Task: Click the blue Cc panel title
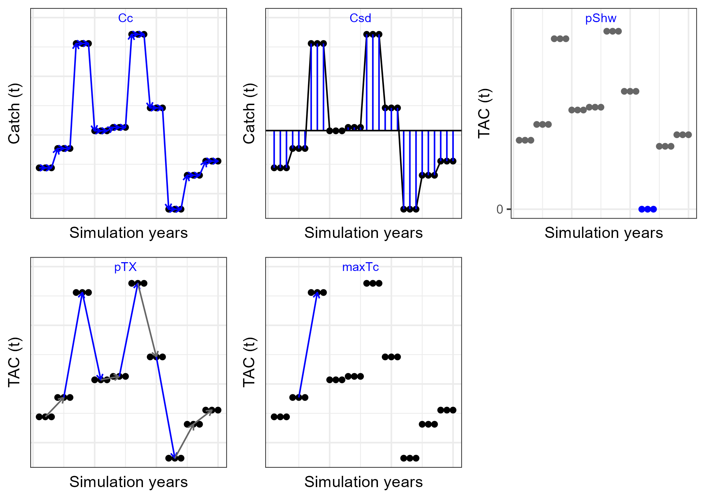[125, 18]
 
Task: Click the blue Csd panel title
[360, 18]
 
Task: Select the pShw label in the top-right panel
[600, 18]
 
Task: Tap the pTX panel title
[125, 267]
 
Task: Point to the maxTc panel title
[360, 267]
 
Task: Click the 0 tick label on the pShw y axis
[500, 209]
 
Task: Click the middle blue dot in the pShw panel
[647, 209]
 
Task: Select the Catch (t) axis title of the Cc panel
[14, 114]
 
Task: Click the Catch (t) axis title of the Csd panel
[249, 114]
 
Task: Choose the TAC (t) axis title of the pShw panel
[484, 114]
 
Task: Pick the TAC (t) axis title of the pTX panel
[14, 362]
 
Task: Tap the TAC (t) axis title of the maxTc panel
[249, 362]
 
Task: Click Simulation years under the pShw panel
[603, 233]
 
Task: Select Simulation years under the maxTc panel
[363, 482]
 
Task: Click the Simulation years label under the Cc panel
[129, 233]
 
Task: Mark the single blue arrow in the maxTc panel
[308, 344]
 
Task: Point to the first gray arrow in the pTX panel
[54, 407]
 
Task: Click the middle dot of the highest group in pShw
[613, 31]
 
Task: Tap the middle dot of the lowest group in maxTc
[410, 458]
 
